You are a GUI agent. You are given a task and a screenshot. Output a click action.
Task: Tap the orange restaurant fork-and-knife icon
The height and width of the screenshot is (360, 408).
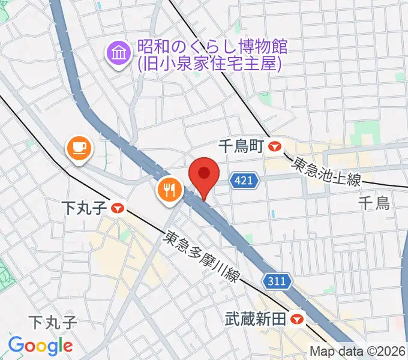pos(169,190)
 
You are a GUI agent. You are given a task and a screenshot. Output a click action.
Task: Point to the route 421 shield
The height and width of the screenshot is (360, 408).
pos(245,179)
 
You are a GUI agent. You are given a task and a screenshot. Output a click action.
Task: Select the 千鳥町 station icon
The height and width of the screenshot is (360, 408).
pos(275,146)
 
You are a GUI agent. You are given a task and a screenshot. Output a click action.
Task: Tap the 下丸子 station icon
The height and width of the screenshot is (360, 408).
pos(118,208)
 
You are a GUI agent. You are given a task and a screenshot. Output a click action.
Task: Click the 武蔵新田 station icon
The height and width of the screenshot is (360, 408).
pos(295,319)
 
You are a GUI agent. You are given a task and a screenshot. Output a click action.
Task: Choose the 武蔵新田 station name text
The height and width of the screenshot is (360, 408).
pos(255,319)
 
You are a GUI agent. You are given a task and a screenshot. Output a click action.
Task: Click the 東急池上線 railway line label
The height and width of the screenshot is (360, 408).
pos(327,172)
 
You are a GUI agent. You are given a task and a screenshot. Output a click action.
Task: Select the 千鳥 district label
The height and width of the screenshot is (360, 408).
pos(374,203)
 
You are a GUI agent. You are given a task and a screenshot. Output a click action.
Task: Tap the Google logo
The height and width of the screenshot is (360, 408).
pos(41,346)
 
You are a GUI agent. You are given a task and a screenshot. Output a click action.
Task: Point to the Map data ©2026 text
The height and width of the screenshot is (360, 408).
pos(358,351)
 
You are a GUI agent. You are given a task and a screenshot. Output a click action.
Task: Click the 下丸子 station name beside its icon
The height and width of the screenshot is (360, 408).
pos(85,208)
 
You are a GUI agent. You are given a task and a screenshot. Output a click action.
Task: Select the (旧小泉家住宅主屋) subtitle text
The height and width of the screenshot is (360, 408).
pos(209,63)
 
